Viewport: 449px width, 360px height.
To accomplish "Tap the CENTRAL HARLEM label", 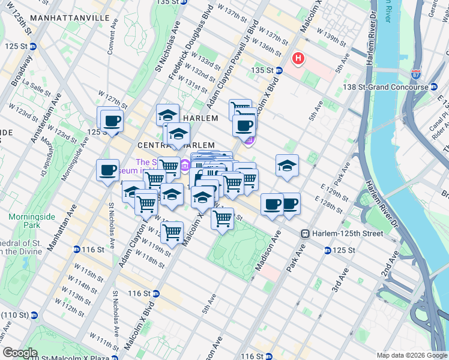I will (x=176, y=145).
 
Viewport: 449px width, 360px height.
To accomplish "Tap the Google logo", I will (x=19, y=353).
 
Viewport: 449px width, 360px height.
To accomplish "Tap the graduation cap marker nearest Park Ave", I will (x=288, y=166).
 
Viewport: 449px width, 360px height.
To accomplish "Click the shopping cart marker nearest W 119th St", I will (x=172, y=232).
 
